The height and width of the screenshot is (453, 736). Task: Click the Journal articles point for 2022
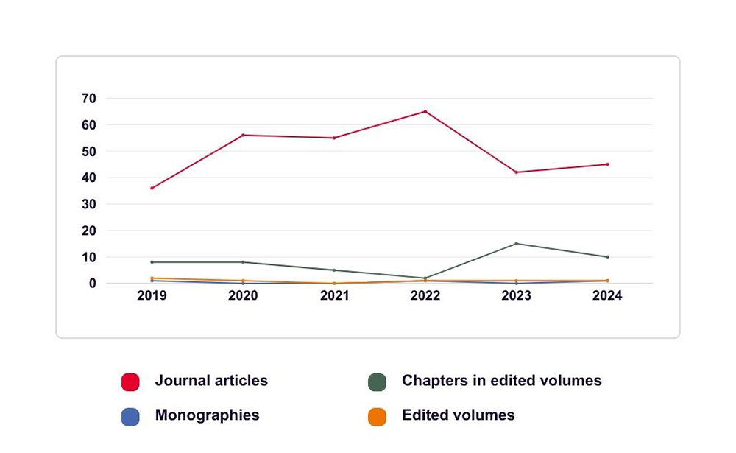click(x=425, y=111)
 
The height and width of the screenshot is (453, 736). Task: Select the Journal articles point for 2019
click(x=152, y=188)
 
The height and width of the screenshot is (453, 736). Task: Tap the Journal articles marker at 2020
click(x=243, y=135)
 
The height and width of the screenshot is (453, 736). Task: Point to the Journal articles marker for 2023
click(x=517, y=172)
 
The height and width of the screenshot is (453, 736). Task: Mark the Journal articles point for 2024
click(x=607, y=164)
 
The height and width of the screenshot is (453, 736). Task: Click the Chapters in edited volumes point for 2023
click(x=517, y=244)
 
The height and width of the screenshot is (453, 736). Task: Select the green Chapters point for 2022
click(x=425, y=278)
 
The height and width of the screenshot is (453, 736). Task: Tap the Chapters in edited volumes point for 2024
click(x=607, y=257)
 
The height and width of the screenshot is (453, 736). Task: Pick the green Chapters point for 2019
click(x=152, y=262)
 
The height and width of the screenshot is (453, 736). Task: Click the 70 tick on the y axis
click(x=89, y=98)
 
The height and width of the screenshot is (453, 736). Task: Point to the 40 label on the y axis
click(x=89, y=178)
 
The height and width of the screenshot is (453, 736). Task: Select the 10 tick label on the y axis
click(x=89, y=257)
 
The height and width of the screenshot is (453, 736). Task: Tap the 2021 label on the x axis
click(x=334, y=296)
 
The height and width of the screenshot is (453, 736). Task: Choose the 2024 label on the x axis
click(x=607, y=296)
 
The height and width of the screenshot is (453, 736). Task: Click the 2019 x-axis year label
click(x=152, y=296)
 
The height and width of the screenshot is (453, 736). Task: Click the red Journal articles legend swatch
click(x=130, y=382)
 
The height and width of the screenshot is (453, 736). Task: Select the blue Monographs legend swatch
click(x=130, y=417)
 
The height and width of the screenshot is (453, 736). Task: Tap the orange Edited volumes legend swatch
click(x=378, y=417)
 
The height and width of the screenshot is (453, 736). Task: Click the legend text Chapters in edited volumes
click(x=501, y=381)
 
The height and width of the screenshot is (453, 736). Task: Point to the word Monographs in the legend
click(x=207, y=415)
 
